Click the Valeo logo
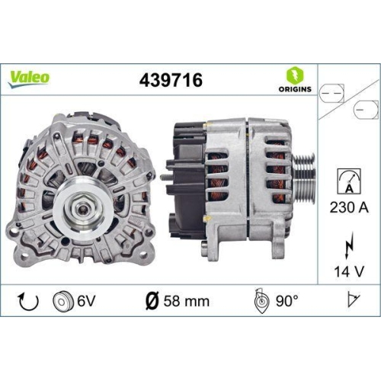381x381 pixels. coord(30,77)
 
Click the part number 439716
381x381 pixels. coord(171,78)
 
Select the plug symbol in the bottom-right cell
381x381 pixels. coord(351,300)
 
